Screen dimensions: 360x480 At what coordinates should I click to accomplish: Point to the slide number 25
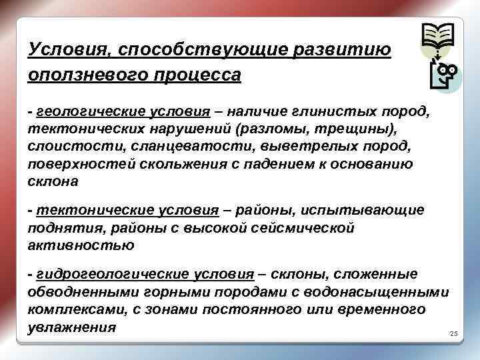455,333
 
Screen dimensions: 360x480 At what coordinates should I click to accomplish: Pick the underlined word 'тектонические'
80,211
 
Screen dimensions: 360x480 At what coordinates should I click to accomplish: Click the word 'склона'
53,181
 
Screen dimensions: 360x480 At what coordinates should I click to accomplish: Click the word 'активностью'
81,245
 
